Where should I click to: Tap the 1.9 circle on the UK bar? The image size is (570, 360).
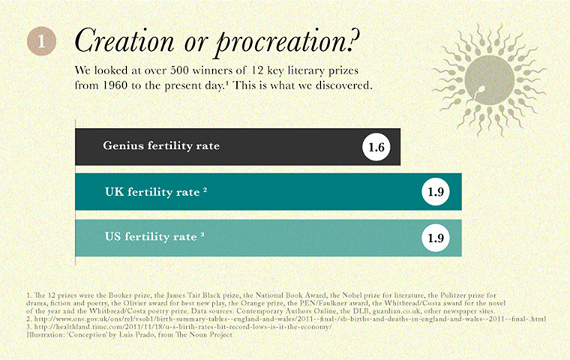(x=436, y=193)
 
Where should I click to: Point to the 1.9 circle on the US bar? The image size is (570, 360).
(x=436, y=238)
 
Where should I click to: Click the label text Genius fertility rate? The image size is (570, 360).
(x=160, y=145)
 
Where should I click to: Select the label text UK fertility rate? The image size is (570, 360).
(x=151, y=191)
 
